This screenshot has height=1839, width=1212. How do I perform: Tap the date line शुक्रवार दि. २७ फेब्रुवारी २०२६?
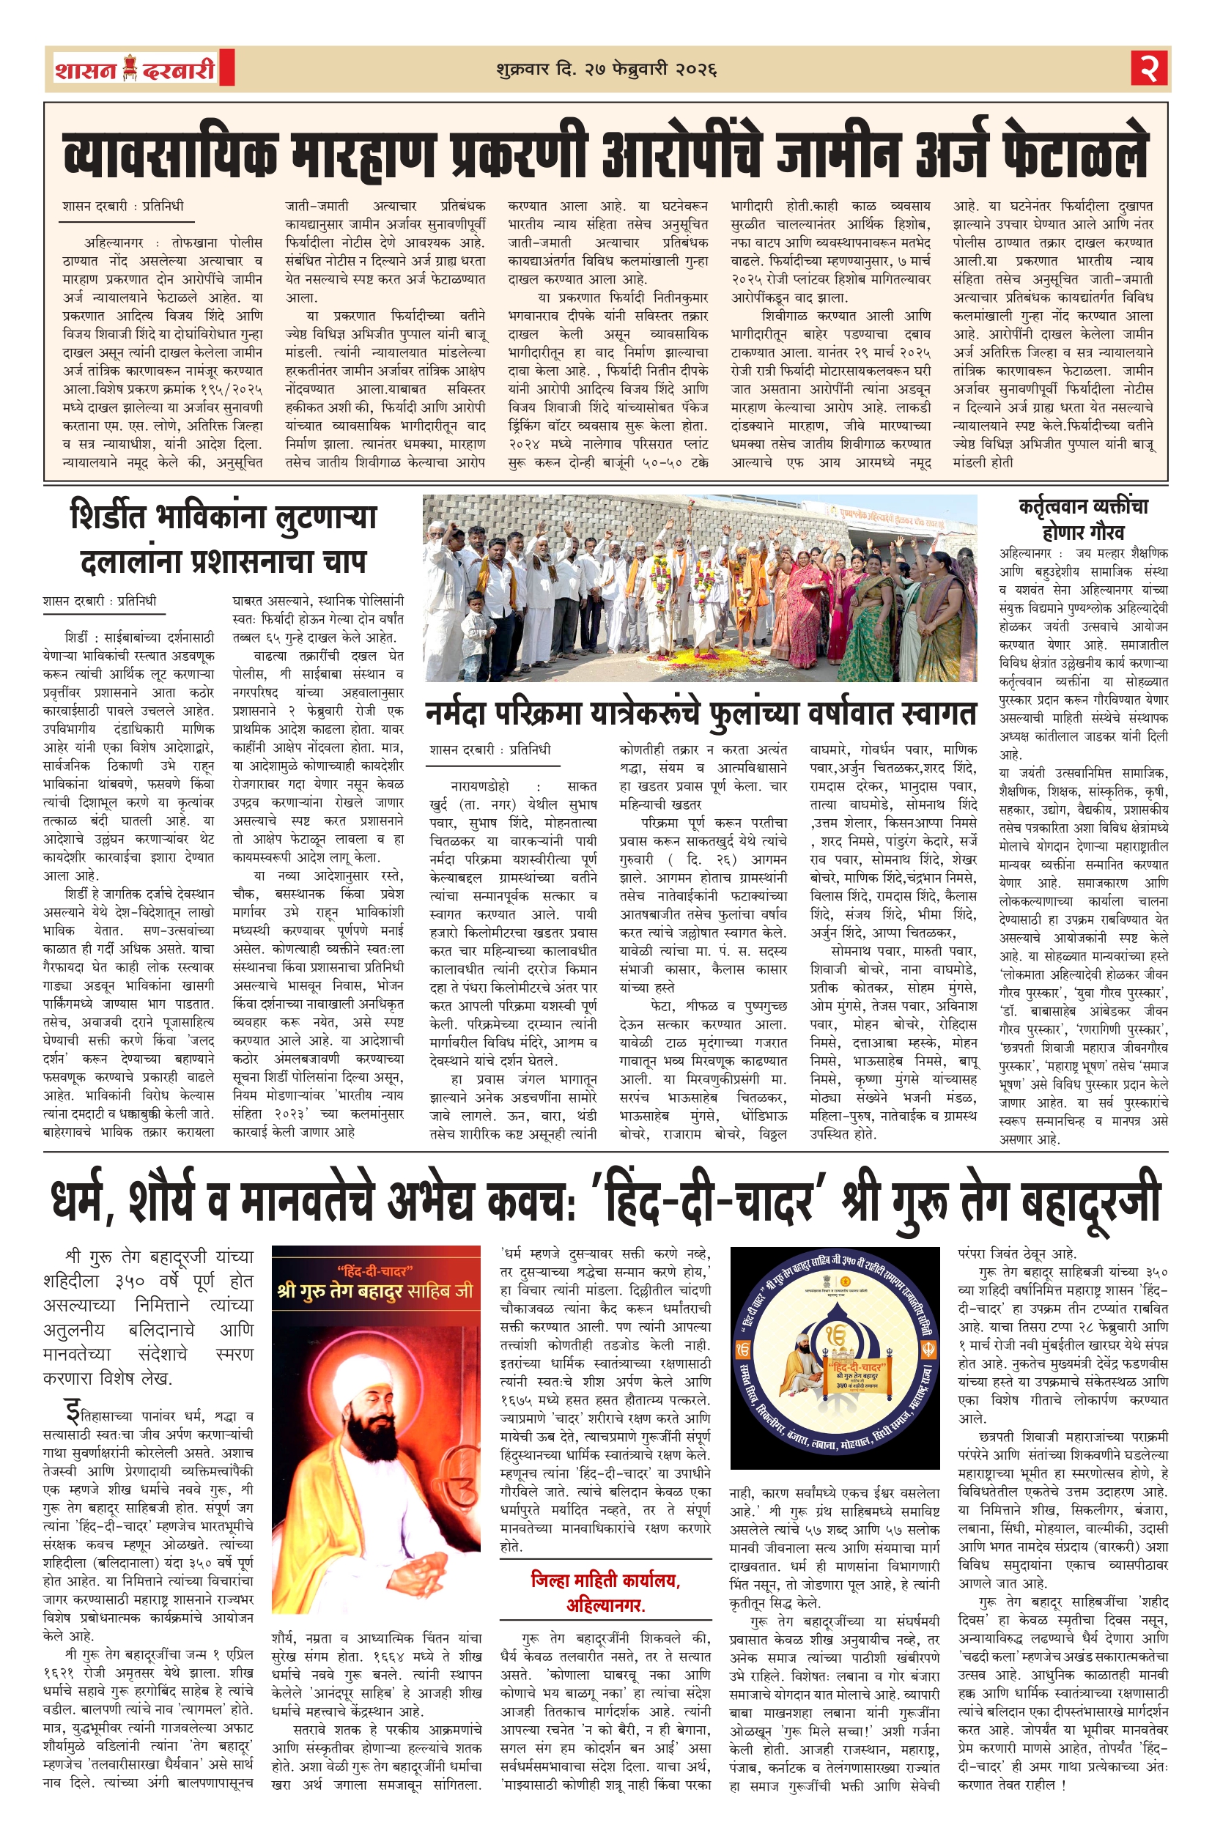coord(606,70)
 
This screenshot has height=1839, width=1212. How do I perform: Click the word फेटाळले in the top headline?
coord(1074,153)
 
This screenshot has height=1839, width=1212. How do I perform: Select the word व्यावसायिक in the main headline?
coord(170,153)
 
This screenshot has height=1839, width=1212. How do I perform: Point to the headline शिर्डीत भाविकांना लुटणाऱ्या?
coord(223,517)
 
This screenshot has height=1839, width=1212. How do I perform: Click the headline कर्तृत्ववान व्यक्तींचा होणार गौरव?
coord(1083,519)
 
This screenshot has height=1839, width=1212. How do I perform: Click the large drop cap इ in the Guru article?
coord(73,1413)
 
